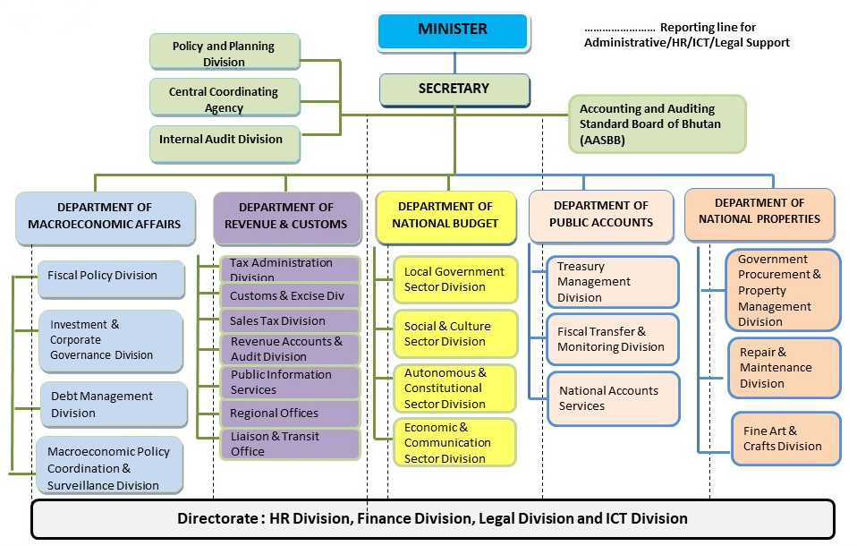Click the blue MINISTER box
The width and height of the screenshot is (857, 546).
pos(453,32)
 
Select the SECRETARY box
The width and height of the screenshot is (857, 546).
pos(454,90)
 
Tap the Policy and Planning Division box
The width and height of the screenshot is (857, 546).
pos(225,52)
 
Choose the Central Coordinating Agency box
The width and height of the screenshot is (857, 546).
pos(225,98)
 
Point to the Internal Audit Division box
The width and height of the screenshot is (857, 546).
pos(225,144)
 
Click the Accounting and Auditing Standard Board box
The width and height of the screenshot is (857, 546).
pos(657,124)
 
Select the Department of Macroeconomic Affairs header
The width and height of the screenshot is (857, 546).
pos(105,218)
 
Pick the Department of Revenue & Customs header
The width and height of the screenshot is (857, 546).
pos(287,218)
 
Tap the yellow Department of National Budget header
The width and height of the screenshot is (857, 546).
pos(446,217)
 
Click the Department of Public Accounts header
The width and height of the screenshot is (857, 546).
pos(601,216)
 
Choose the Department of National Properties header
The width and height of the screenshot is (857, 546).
pos(759,214)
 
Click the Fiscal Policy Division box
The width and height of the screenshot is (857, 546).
pos(111,279)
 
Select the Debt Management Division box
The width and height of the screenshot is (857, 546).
pos(114,405)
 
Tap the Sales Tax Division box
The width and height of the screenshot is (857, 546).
pos(290,321)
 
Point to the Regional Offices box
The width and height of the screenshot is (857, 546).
pos(290,414)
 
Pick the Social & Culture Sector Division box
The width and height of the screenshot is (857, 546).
pos(455,334)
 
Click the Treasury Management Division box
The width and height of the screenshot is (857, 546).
pos(613,282)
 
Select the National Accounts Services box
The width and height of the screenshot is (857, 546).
pos(614,399)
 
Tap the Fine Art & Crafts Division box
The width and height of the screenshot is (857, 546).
pos(785,439)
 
